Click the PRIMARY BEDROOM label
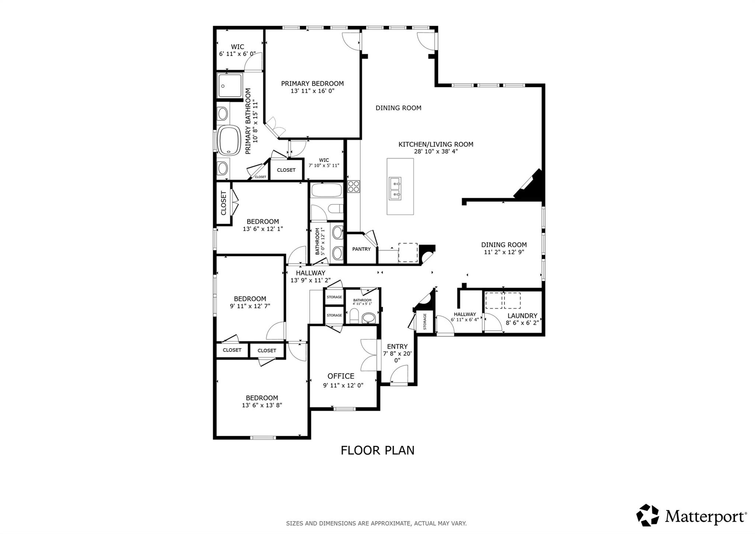coord(312,84)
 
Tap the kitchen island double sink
coord(395,188)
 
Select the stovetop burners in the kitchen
coord(354,186)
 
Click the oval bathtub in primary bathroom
coord(229,141)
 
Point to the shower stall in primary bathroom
coord(230,86)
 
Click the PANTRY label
coord(361,249)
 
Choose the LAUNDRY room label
coord(522,316)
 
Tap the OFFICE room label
coord(341,376)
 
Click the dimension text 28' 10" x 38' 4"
coord(436,151)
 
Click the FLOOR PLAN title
coord(377,451)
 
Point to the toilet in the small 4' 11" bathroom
coord(354,316)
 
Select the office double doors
coord(369,355)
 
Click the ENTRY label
coord(397,347)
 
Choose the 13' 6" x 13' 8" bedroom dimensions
coord(262,405)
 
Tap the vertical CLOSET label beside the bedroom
coord(223,203)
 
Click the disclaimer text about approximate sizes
coord(376,523)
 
